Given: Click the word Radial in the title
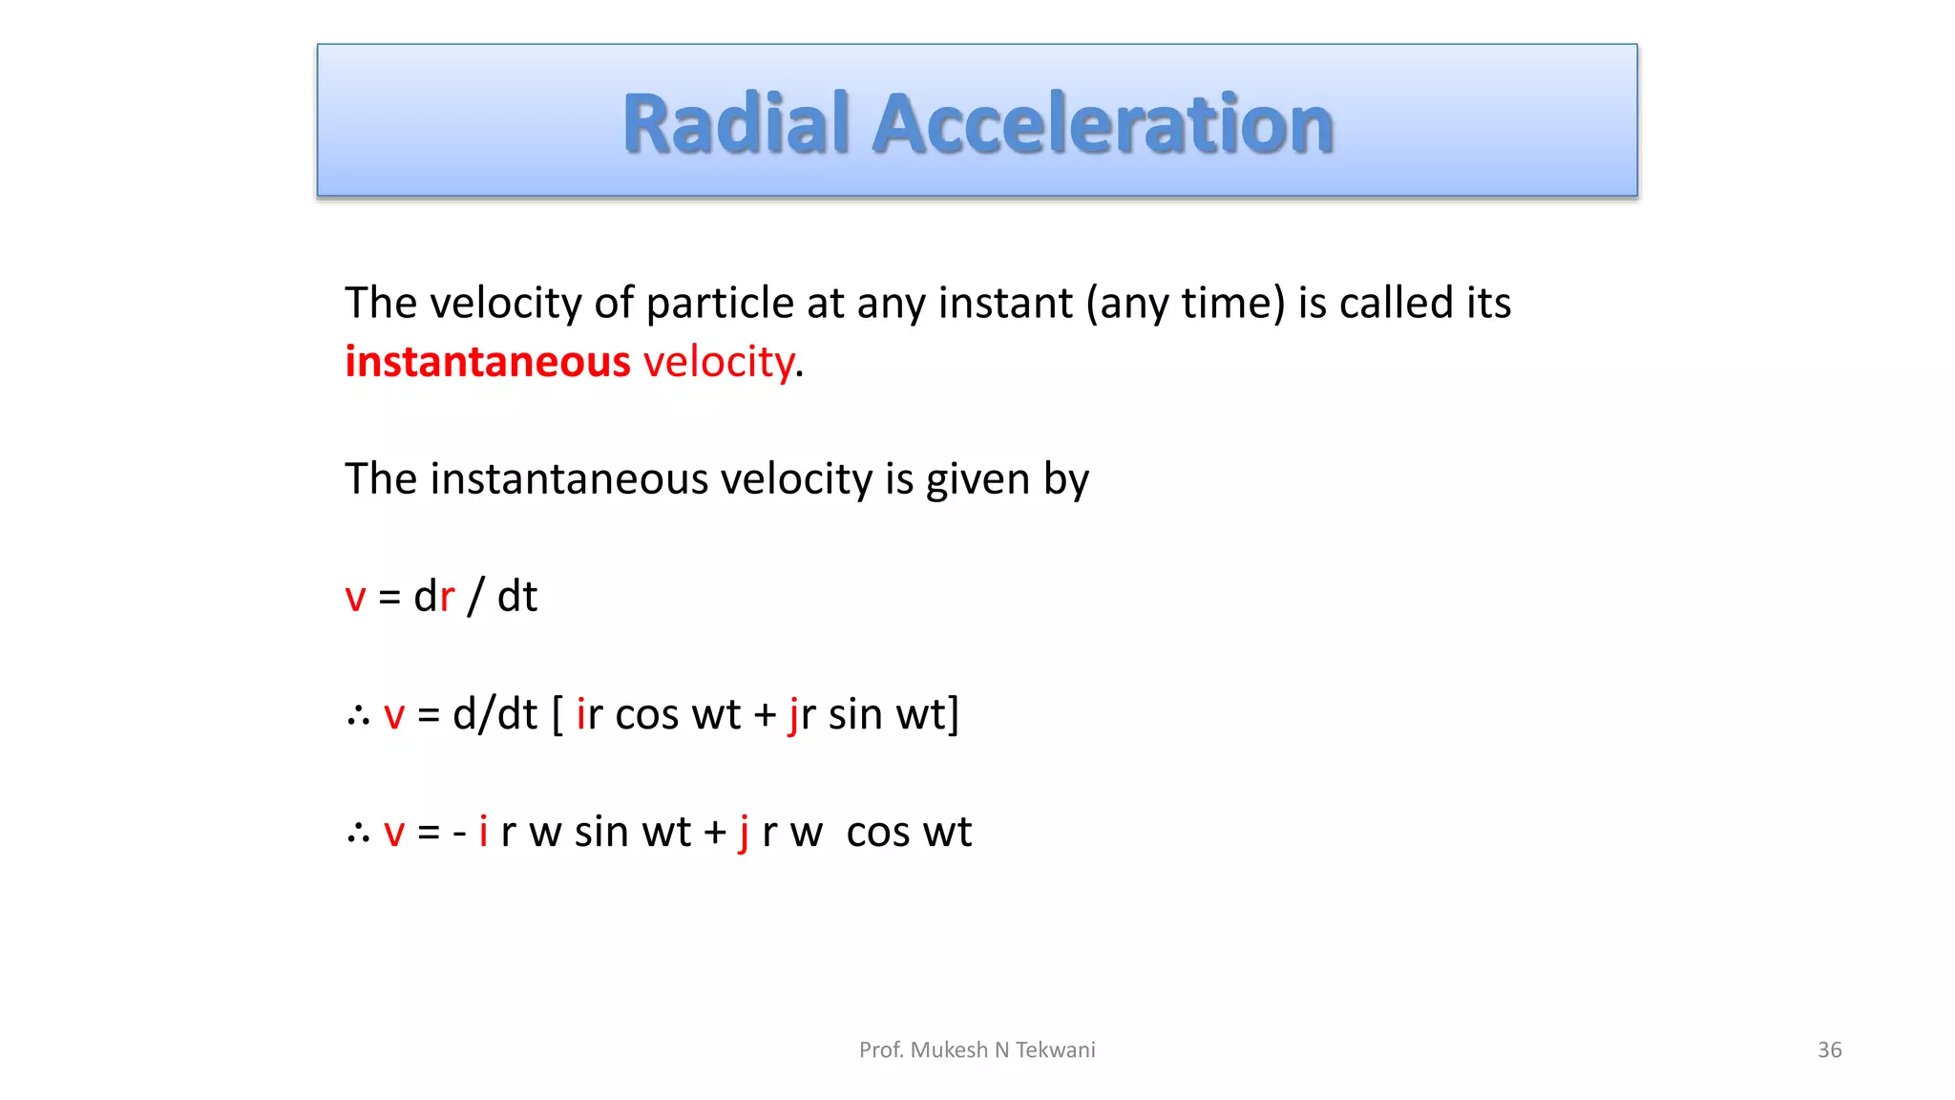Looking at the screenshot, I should (735, 124).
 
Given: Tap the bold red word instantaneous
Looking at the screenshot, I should (487, 362).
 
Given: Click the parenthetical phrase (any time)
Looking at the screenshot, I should (1185, 304).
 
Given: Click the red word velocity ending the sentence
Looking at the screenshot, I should (718, 362).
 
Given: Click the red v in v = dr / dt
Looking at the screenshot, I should (355, 598).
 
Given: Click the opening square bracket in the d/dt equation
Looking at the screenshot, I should (557, 714).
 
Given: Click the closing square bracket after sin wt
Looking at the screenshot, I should (953, 714).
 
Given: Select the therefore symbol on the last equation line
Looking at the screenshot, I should (358, 833).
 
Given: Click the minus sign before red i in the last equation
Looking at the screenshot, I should (459, 833).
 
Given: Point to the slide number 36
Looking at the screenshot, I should (1829, 1050).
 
